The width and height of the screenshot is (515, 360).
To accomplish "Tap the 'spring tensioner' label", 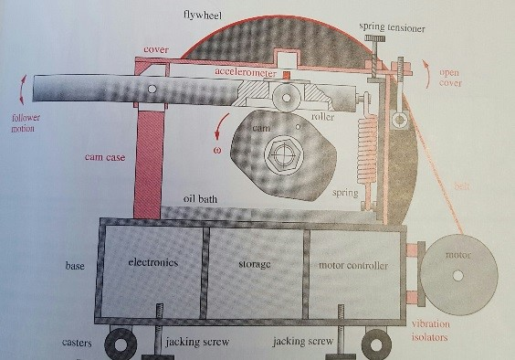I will tap(392, 27).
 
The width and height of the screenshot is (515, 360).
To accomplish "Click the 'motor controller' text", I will tap(355, 266).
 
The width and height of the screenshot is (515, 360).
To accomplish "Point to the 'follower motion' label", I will tap(26, 122).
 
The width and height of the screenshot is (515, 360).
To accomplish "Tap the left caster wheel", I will tap(121, 345).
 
